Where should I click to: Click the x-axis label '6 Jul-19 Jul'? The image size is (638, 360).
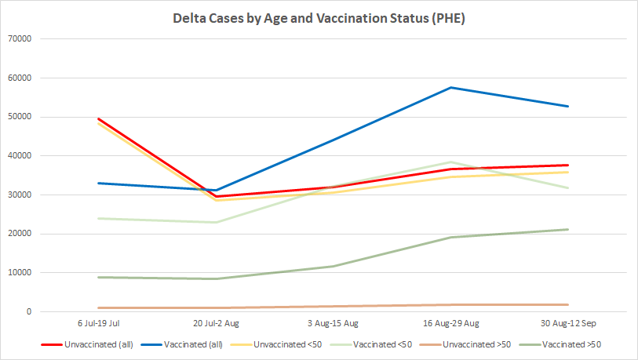pos(98,323)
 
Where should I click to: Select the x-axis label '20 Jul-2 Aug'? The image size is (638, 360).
pos(216,323)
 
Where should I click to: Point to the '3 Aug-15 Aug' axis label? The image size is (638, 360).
pos(333,323)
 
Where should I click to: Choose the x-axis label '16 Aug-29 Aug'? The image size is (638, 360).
pos(450,323)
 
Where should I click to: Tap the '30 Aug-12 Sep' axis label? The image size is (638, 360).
pos(567,323)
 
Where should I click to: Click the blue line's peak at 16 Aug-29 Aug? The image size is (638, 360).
pos(450,87)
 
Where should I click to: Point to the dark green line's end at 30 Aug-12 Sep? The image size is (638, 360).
pos(567,229)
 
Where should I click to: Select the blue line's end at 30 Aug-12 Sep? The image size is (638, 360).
pos(567,106)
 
